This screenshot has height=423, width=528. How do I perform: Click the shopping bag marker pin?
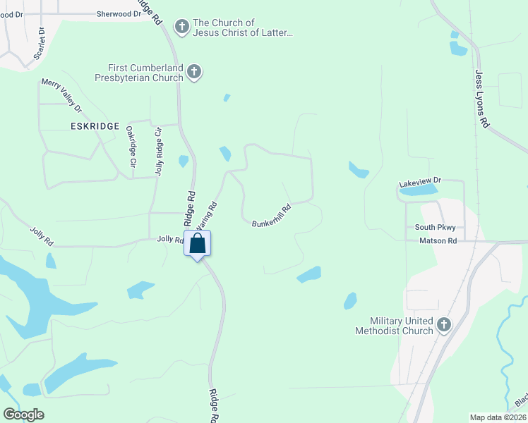tap(198, 244)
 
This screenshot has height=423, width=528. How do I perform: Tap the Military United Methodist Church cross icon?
tap(443, 325)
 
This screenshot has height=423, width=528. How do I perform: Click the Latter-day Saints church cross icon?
tap(181, 27)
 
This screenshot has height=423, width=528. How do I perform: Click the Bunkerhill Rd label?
tap(272, 216)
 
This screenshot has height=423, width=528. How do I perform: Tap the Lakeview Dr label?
tap(419, 182)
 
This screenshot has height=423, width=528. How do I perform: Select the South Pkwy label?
tap(435, 227)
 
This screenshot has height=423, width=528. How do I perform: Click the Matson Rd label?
tap(438, 240)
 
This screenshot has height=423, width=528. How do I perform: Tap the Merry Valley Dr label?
tap(61, 94)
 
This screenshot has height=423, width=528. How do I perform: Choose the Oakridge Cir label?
tap(131, 147)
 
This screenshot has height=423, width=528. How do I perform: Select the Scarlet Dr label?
tap(40, 44)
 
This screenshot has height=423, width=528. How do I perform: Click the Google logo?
tap(23, 415)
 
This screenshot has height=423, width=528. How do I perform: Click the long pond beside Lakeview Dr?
tap(418, 190)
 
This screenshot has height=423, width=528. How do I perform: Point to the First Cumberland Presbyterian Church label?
tap(146, 73)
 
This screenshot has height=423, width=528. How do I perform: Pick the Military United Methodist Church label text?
tap(393, 326)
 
